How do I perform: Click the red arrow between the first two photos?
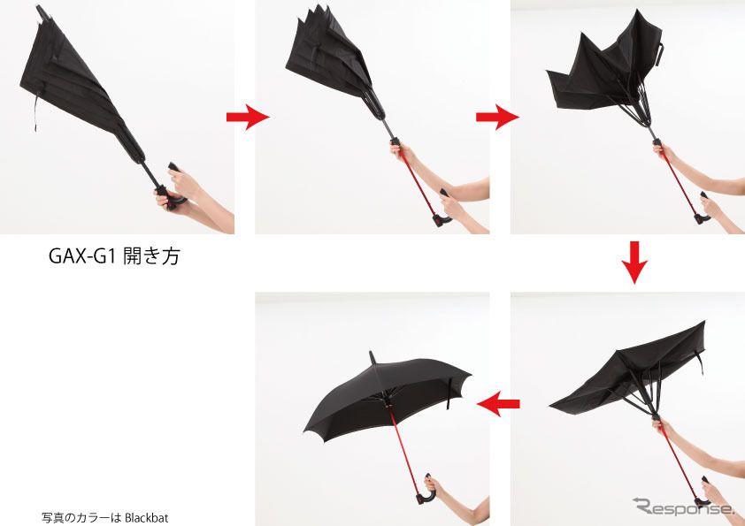[247, 117]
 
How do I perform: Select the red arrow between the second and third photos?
[496, 117]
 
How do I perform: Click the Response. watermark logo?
[683, 508]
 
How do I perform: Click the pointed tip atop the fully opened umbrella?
[373, 357]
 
